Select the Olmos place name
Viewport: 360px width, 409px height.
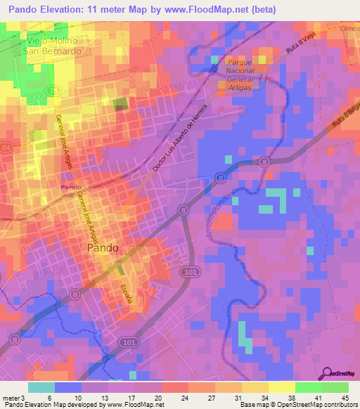[x=349, y=29]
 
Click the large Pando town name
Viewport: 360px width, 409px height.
[x=102, y=248]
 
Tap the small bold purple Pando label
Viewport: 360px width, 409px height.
[x=69, y=187]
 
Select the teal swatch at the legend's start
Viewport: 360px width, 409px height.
[x=41, y=387]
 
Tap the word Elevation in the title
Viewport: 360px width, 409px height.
[x=67, y=10]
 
